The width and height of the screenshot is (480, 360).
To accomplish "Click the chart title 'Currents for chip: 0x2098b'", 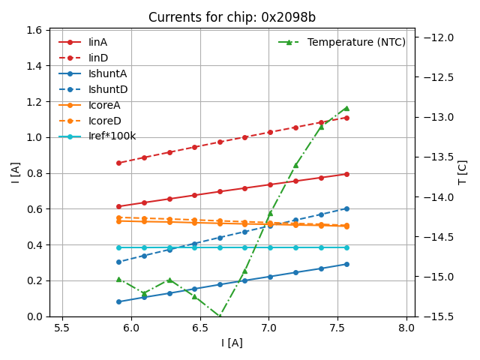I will tap(232, 17).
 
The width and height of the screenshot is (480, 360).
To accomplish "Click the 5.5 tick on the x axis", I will tap(62, 328).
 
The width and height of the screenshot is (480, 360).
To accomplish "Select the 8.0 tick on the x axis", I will tap(406, 328).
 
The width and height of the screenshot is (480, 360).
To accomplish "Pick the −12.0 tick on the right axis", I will tap(439, 37).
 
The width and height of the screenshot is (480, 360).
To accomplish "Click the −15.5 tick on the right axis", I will tap(439, 316).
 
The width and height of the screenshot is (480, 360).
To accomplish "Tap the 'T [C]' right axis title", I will tap(463, 172).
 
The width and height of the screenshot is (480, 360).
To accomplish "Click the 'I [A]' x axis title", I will tap(232, 343).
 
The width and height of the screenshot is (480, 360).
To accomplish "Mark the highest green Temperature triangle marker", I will tap(346, 108).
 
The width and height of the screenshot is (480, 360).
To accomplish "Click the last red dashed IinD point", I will tap(346, 118).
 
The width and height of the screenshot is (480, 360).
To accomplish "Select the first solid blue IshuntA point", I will tap(118, 301).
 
